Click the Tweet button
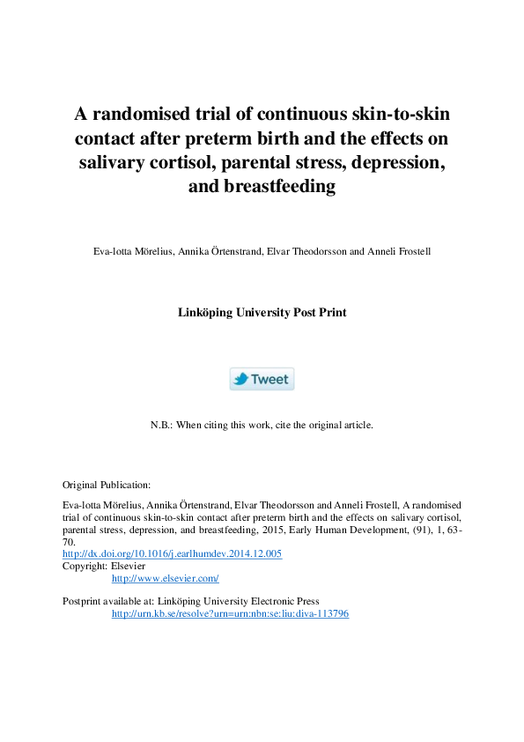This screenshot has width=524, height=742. click(262, 379)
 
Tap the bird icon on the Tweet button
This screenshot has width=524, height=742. click(240, 379)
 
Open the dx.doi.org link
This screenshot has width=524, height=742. click(172, 553)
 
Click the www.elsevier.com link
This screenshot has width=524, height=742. click(165, 578)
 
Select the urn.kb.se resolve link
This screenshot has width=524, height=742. click(230, 613)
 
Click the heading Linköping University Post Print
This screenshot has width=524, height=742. click(262, 312)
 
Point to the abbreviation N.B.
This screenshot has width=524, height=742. click(162, 424)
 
